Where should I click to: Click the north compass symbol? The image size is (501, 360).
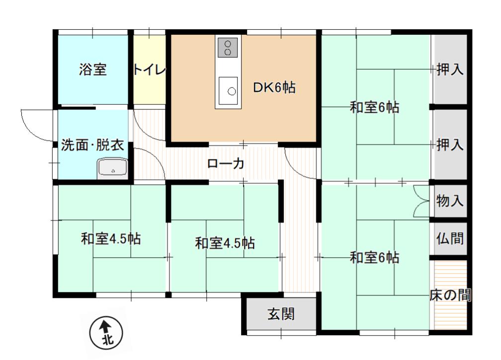pyautogui.click(x=106, y=334)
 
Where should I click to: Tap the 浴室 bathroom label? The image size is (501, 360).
pyautogui.click(x=92, y=69)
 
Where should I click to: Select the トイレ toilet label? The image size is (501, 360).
pyautogui.click(x=150, y=69)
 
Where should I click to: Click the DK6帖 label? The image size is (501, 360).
pyautogui.click(x=274, y=87)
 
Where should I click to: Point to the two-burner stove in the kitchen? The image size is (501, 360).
pyautogui.click(x=228, y=48)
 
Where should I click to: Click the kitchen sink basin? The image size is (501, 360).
pyautogui.click(x=228, y=91)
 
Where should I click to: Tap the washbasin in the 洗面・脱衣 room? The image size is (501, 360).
pyautogui.click(x=112, y=168)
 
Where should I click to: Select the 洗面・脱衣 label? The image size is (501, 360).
pyautogui.click(x=92, y=145)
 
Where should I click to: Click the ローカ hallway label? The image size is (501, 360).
pyautogui.click(x=226, y=164)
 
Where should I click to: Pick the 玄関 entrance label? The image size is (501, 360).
pyautogui.click(x=281, y=314)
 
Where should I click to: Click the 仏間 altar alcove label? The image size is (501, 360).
pyautogui.click(x=450, y=238)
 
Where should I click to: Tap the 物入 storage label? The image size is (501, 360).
pyautogui.click(x=450, y=201)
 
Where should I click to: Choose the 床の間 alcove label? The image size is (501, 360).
pyautogui.click(x=450, y=295)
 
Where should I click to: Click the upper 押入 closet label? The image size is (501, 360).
pyautogui.click(x=450, y=69)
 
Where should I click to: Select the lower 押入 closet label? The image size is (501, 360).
pyautogui.click(x=450, y=144)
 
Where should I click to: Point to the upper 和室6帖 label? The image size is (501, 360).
pyautogui.click(x=374, y=107)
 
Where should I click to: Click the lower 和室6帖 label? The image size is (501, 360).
pyautogui.click(x=374, y=257)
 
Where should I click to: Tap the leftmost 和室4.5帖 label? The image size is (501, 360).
pyautogui.click(x=110, y=239)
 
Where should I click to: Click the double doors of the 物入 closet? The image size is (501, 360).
pyautogui.click(x=421, y=201)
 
